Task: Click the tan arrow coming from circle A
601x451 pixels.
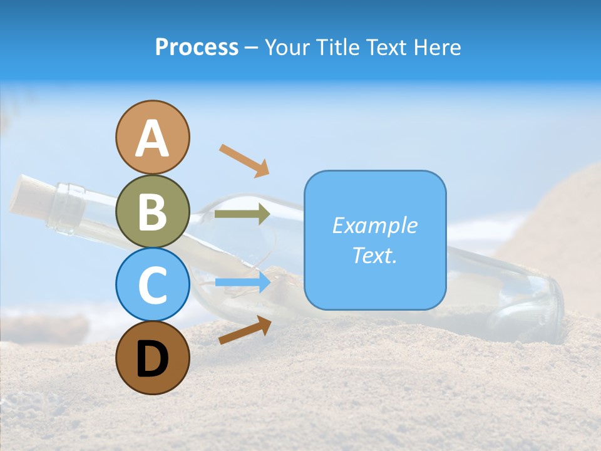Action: pyautogui.click(x=244, y=160)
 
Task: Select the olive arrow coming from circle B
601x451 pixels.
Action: pyautogui.click(x=242, y=214)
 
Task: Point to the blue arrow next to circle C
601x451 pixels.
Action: pyautogui.click(x=242, y=283)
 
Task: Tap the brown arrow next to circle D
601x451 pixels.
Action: pyautogui.click(x=245, y=330)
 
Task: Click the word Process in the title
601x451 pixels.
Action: pyautogui.click(x=197, y=48)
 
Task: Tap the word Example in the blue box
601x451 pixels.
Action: pyautogui.click(x=374, y=225)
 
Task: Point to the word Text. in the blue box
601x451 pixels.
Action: pyautogui.click(x=374, y=255)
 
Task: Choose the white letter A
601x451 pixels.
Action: pyautogui.click(x=153, y=138)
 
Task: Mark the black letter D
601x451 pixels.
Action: pyautogui.click(x=153, y=359)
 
